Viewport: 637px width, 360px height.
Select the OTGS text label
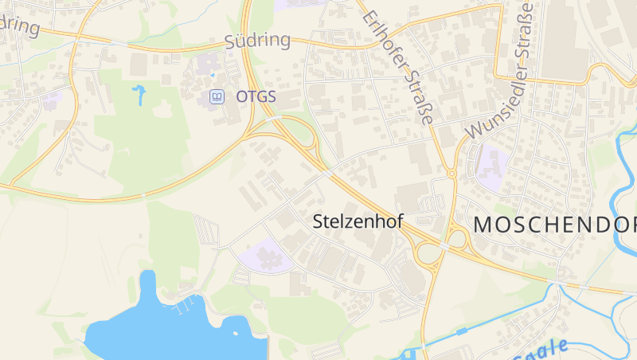tap(256, 96)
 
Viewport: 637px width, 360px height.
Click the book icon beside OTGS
tap(216, 96)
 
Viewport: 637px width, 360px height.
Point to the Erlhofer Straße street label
tap(397, 67)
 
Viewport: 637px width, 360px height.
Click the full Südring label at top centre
tap(256, 41)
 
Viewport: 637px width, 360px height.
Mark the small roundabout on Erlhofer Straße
tap(451, 173)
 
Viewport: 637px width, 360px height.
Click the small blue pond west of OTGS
tap(140, 95)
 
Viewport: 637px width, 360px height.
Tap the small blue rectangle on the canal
tap(461, 330)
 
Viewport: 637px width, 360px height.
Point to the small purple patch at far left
tap(53, 101)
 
